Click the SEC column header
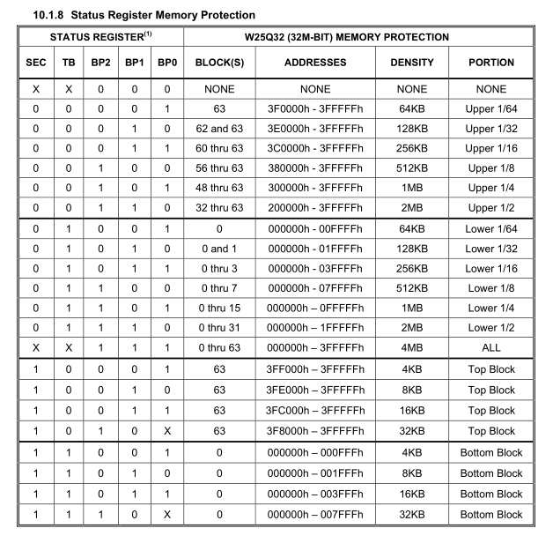point(35,63)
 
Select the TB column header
point(70,63)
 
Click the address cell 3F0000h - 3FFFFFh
point(315,110)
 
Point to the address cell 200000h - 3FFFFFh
point(315,213)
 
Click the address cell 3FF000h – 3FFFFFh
point(315,368)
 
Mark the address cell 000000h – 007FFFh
point(315,514)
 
